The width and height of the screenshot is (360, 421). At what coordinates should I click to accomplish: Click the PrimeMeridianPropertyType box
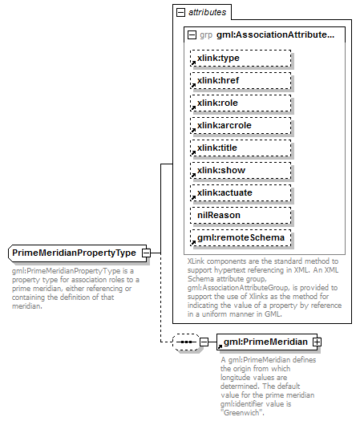[73, 253]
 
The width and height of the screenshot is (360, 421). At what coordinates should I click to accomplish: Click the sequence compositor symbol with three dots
[186, 342]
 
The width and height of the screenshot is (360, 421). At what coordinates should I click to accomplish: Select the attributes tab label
[207, 13]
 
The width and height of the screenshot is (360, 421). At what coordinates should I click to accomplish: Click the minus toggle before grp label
[191, 35]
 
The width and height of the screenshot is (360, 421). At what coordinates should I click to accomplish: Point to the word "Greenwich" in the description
[243, 412]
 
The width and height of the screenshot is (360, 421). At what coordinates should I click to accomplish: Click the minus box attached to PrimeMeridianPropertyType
[146, 253]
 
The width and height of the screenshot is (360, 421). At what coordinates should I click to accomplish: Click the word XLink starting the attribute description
[196, 261]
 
